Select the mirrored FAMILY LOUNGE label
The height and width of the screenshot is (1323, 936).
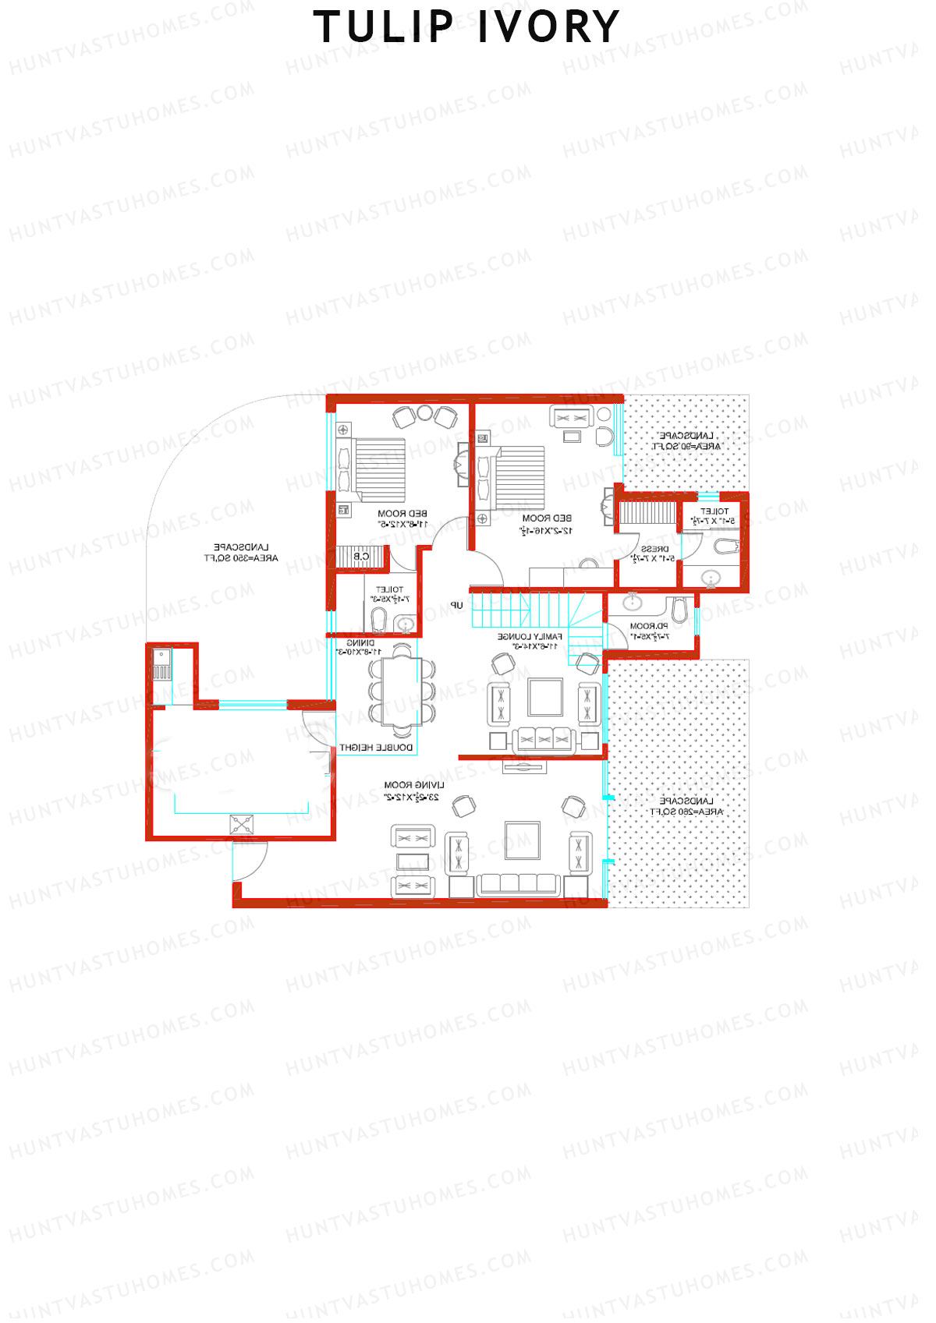pos(530,641)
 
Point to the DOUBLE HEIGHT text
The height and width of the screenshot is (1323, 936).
pos(377,747)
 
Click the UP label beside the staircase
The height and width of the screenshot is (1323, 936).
pos(456,605)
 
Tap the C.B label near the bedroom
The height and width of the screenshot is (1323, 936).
pos(361,556)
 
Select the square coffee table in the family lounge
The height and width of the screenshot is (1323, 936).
pos(545,697)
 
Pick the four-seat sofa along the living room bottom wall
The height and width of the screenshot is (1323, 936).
pos(519,883)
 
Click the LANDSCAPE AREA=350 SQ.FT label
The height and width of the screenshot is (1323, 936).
pos(241,552)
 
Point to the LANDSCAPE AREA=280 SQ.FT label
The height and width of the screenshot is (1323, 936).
pos(686,806)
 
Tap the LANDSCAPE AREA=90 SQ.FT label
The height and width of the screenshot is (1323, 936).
pos(686,440)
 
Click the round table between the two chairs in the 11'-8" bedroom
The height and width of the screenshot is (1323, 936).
pos(424,412)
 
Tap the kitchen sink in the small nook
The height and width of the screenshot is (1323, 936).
pos(162,664)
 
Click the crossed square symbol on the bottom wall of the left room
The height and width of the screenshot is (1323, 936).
pos(242,825)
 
